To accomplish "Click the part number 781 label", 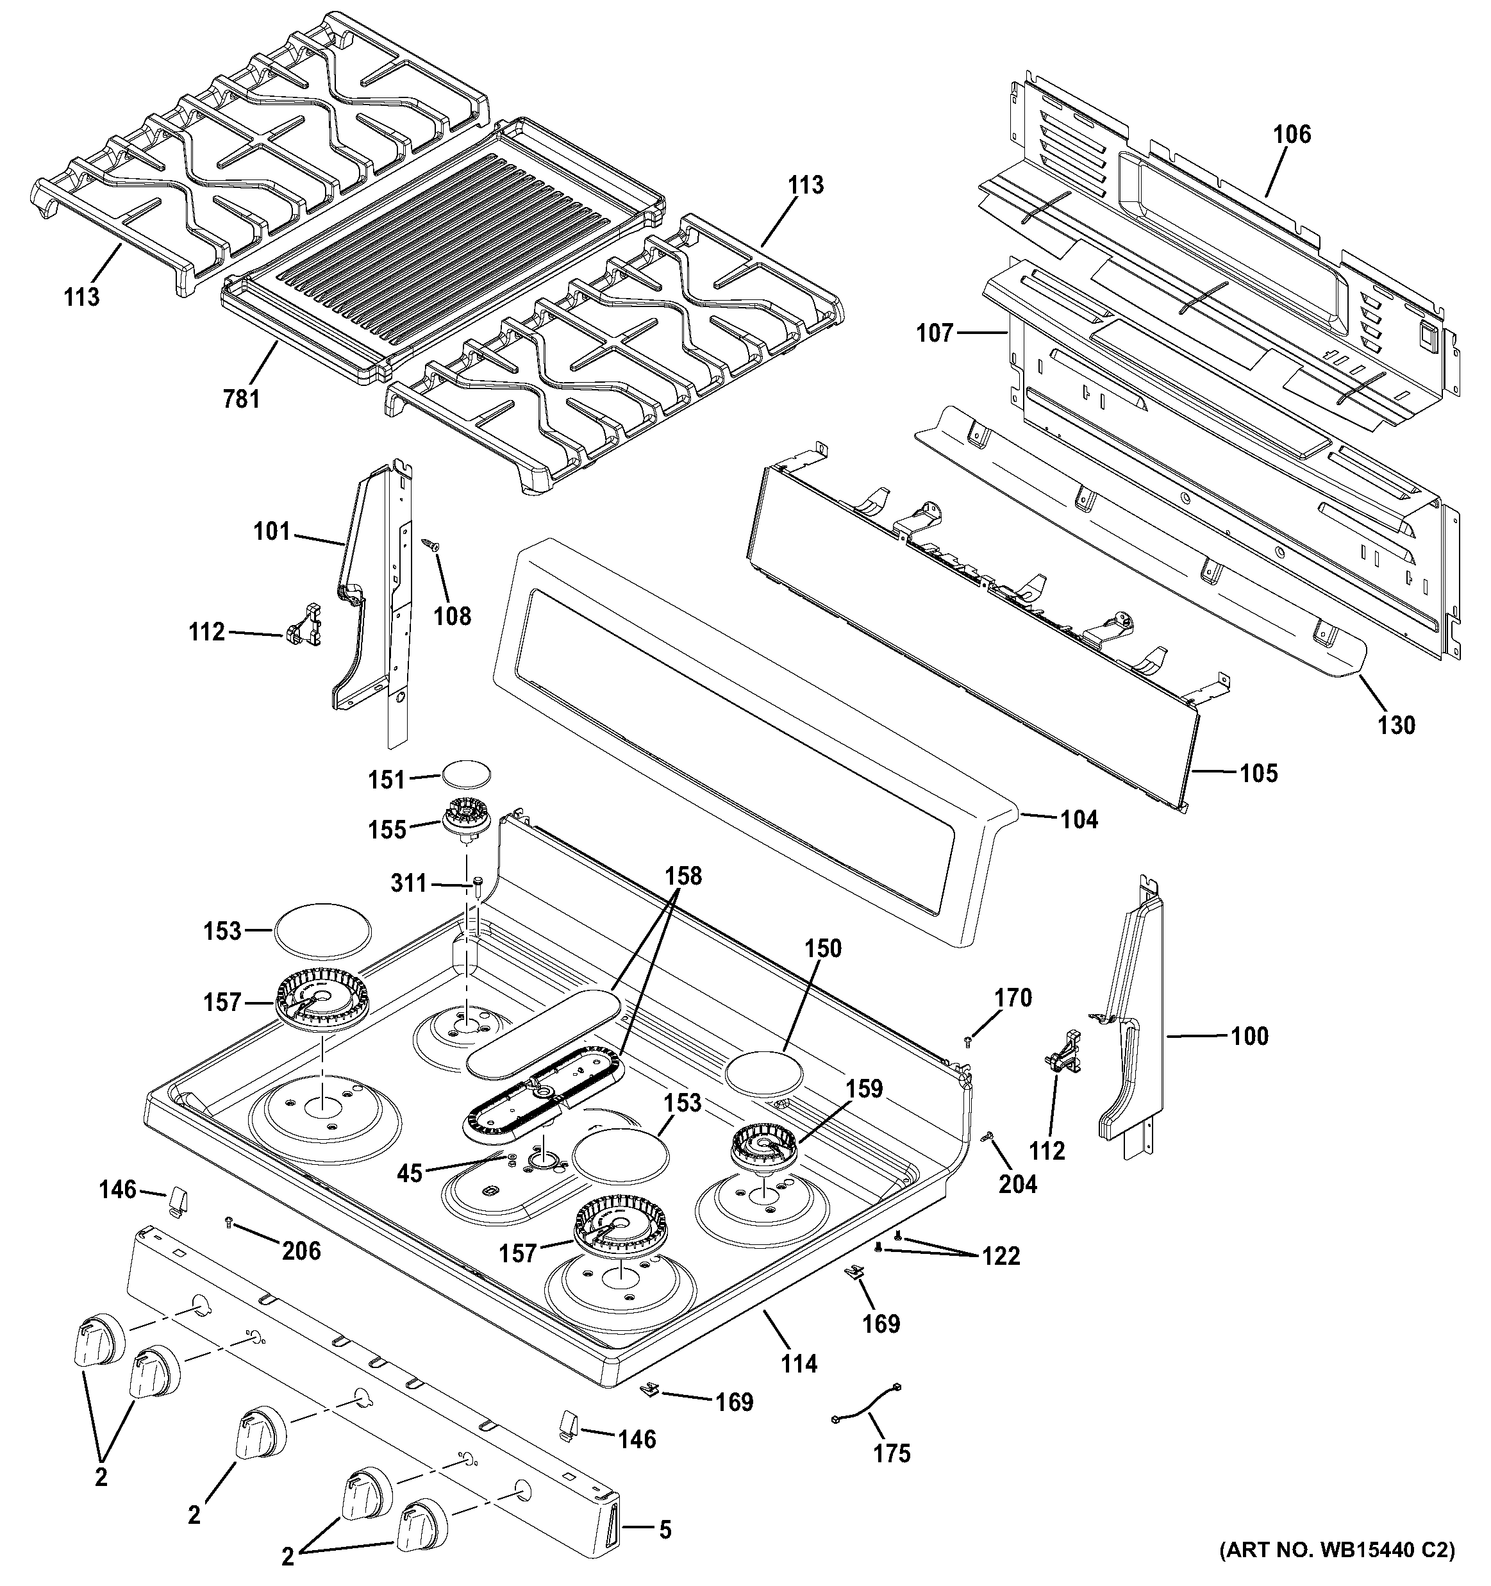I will click(x=241, y=397).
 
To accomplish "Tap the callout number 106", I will click(x=1292, y=134).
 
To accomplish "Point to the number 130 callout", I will click(x=1396, y=724).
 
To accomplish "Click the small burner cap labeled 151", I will click(x=466, y=774).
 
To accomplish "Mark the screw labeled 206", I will click(x=229, y=1221).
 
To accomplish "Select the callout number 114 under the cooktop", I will click(x=799, y=1364).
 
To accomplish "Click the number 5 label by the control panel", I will click(x=665, y=1530).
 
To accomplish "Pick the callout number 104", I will click(x=1079, y=819).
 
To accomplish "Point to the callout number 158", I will click(x=684, y=875).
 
